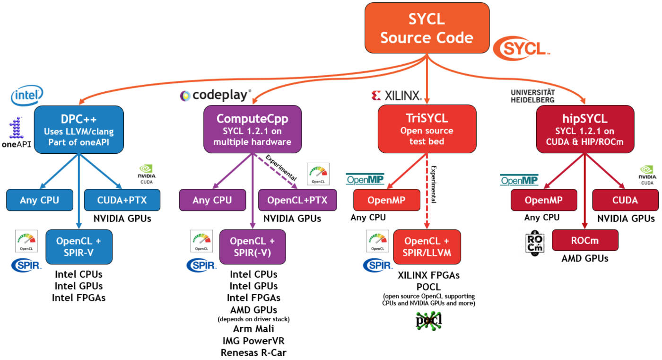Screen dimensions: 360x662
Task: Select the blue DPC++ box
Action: pyautogui.click(x=78, y=129)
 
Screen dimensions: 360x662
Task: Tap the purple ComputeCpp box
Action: pyautogui.click(x=253, y=129)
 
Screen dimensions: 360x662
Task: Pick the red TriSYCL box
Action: pyautogui.click(x=427, y=129)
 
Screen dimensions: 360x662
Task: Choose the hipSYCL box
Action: pyautogui.click(x=585, y=129)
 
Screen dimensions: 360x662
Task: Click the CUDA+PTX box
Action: pyautogui.click(x=122, y=200)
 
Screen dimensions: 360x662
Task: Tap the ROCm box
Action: pyautogui.click(x=584, y=240)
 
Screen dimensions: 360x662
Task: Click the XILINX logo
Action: pyautogui.click(x=396, y=96)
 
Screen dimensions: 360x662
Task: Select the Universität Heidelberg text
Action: pyautogui.click(x=532, y=96)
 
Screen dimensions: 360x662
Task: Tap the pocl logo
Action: pyautogui.click(x=429, y=321)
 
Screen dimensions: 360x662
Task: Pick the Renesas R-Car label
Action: pyautogui.click(x=253, y=352)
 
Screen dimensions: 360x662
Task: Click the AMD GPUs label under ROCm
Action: pyautogui.click(x=584, y=259)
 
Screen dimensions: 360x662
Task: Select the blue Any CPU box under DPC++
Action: pyautogui.click(x=40, y=200)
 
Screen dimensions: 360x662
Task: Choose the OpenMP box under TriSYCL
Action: pyautogui.click(x=386, y=200)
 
